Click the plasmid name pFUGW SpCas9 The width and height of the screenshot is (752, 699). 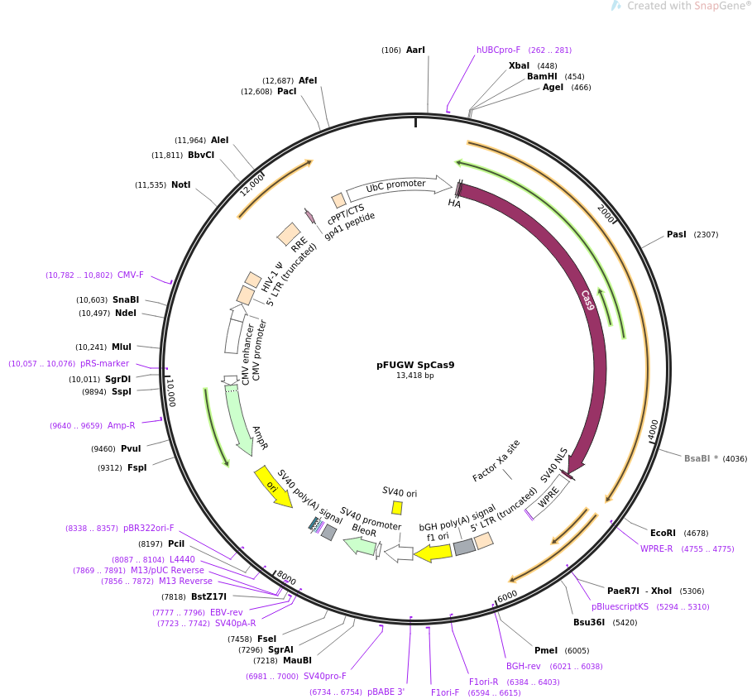point(415,365)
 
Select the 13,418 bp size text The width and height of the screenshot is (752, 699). point(415,376)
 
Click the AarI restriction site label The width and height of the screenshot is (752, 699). point(415,50)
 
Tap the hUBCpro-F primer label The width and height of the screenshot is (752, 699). point(498,50)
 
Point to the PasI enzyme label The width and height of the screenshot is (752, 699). point(677,235)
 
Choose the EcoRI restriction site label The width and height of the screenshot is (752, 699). point(663,534)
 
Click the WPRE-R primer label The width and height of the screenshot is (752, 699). point(656,549)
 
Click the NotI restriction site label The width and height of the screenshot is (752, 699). point(181,185)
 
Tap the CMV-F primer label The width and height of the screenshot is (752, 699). point(131,275)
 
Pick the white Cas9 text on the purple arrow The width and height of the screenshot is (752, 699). point(587,300)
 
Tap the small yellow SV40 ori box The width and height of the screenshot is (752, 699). point(397,508)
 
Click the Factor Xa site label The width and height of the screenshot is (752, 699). point(496,461)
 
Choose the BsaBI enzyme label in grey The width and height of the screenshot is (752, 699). point(697,459)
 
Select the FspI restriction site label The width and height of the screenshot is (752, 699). point(137,468)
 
